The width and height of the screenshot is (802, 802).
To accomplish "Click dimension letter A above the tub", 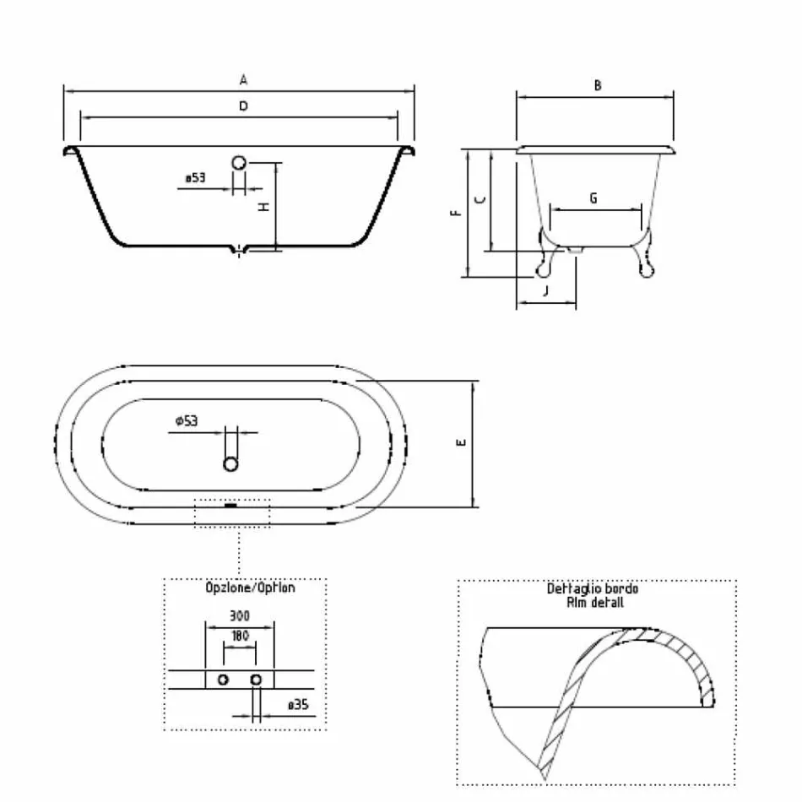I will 242,80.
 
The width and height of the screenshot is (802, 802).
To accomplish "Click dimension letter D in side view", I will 242,106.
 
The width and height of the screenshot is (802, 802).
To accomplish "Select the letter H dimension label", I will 263,207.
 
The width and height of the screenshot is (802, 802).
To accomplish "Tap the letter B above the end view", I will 597,85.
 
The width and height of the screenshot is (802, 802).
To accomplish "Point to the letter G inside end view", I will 593,198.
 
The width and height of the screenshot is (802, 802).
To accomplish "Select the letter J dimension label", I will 545,291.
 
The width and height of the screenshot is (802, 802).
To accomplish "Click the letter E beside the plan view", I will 461,443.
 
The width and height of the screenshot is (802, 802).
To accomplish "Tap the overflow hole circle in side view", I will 240,163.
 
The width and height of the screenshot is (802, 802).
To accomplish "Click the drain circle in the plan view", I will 231,463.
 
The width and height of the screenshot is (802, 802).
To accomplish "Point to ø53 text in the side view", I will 195,178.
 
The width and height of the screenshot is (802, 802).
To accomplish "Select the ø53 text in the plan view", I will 186,420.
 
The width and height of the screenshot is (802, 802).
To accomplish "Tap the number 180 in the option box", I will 240,636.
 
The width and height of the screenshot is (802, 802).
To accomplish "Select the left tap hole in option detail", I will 223,680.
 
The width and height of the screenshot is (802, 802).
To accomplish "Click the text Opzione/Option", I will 251,588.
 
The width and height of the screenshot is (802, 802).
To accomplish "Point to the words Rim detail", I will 596,603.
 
